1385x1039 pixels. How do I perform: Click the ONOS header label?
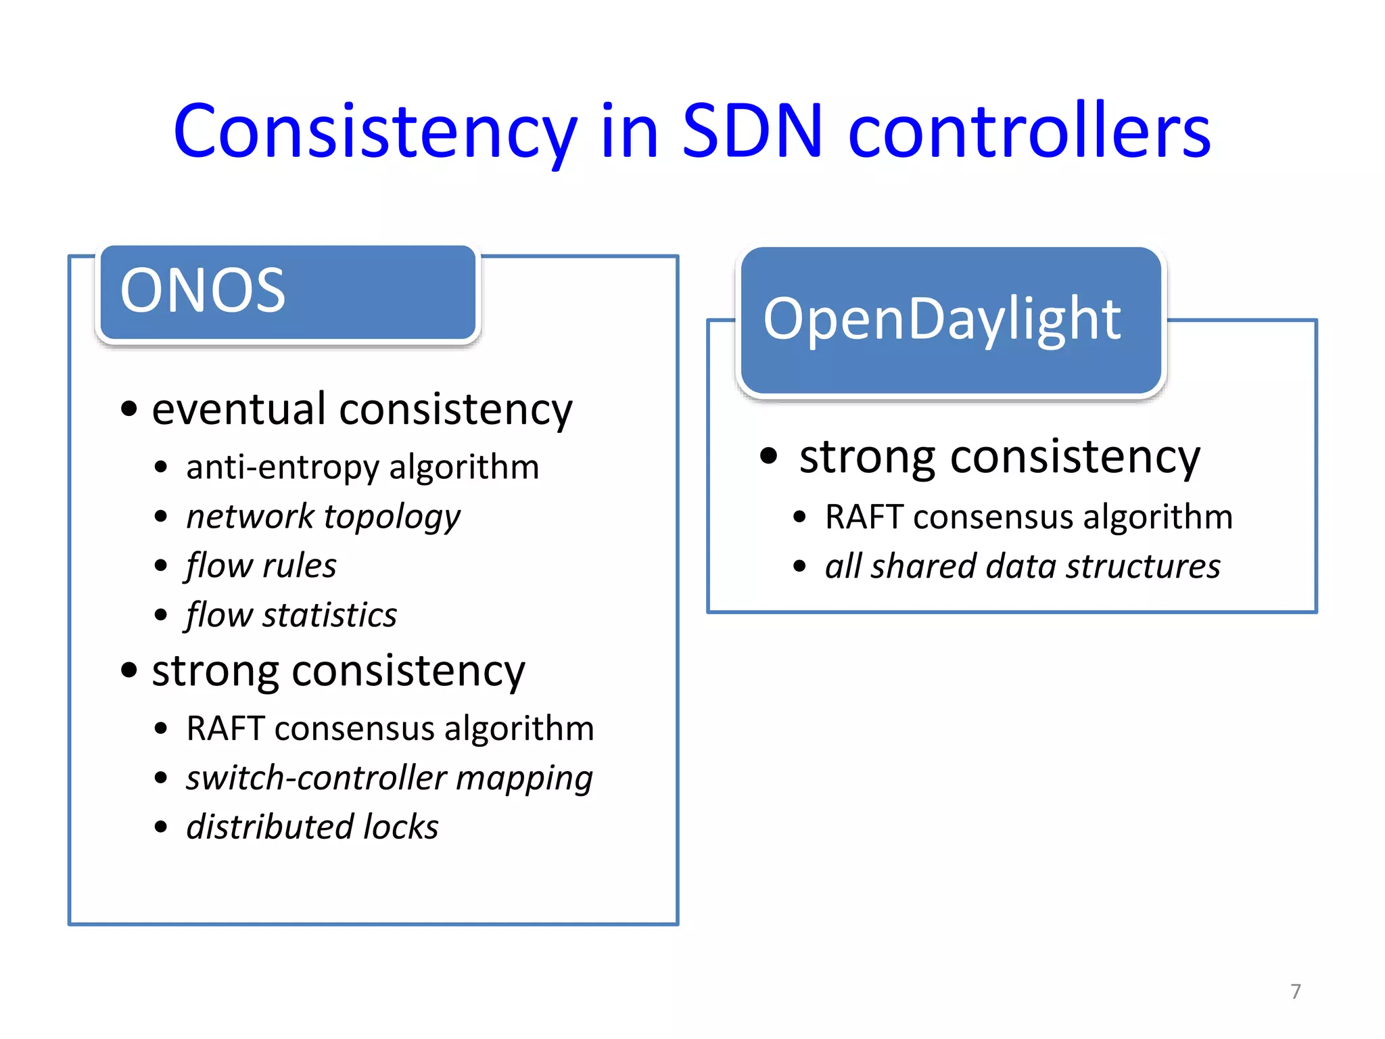(x=203, y=290)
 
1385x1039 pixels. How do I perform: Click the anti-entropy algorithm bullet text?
(x=362, y=467)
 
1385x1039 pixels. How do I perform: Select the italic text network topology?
(x=323, y=517)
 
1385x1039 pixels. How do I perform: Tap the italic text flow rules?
(x=261, y=565)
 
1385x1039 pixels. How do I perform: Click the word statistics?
(x=329, y=615)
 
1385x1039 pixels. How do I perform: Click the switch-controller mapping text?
(x=390, y=778)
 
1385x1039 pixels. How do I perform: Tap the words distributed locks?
(x=312, y=827)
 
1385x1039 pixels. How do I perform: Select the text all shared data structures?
(x=1023, y=566)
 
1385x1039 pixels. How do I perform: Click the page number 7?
(x=1295, y=992)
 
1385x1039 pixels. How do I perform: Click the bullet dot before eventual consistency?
(x=129, y=409)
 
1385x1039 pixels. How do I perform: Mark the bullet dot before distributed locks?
(x=161, y=827)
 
